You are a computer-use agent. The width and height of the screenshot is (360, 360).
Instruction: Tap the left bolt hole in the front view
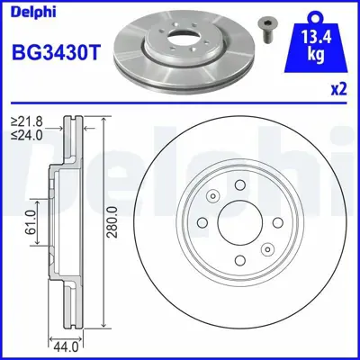[202, 221]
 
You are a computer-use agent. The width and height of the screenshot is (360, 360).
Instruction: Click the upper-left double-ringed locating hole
[212, 195]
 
